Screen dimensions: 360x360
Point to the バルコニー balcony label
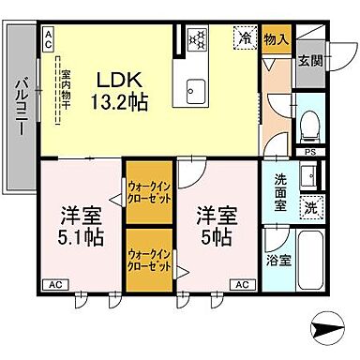(20, 108)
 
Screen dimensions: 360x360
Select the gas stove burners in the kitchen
(197, 38)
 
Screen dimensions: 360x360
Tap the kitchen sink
(197, 90)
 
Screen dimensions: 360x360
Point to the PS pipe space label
(309, 151)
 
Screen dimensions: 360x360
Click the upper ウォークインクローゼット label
(148, 191)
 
